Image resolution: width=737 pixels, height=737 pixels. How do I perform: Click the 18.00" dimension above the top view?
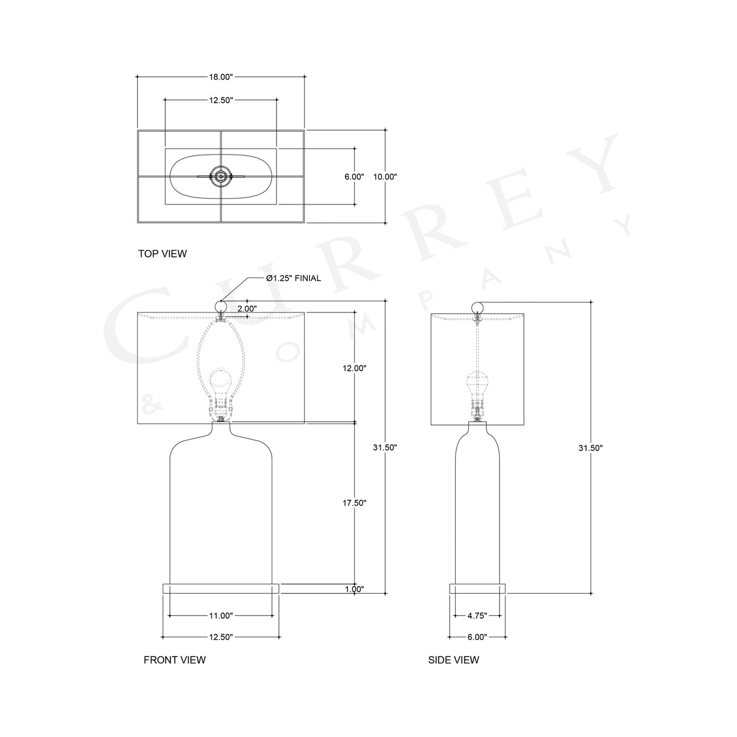click(x=220, y=77)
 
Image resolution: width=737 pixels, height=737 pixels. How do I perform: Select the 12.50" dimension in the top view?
click(x=220, y=100)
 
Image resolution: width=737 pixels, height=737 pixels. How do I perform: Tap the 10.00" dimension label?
click(x=385, y=177)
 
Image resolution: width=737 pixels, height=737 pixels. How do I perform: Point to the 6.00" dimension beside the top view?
click(x=354, y=177)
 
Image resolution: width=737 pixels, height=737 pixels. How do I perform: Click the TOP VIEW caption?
click(x=162, y=253)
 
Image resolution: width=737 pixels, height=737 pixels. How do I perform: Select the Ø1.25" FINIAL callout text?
click(x=293, y=278)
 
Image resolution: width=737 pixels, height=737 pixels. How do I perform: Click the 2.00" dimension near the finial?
click(x=247, y=309)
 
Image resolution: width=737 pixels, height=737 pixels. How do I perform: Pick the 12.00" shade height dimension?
click(x=354, y=368)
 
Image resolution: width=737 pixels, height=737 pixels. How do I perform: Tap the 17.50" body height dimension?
click(x=354, y=503)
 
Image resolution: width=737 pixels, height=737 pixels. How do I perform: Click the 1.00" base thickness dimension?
click(x=354, y=589)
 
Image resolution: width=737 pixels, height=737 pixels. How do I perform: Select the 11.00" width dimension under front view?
click(x=220, y=616)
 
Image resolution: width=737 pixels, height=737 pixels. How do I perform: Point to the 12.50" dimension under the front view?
click(x=220, y=637)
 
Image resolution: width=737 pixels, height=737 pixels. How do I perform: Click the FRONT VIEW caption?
click(x=174, y=660)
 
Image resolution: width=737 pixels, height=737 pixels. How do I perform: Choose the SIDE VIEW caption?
click(x=453, y=660)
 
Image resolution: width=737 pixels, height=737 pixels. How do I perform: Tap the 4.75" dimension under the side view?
click(x=477, y=616)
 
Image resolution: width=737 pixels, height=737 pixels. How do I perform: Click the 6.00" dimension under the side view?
click(x=477, y=637)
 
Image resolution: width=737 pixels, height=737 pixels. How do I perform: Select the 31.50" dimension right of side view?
click(x=591, y=448)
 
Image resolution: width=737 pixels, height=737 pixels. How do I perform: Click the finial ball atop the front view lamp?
click(x=221, y=306)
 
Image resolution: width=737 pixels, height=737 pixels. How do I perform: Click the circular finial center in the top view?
click(x=221, y=176)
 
